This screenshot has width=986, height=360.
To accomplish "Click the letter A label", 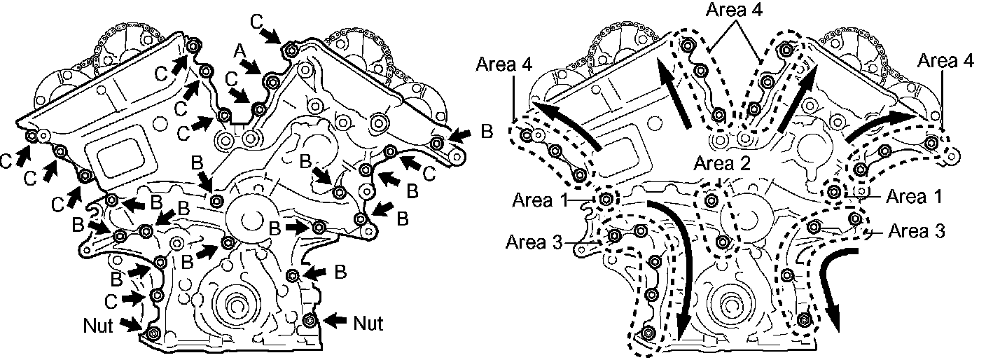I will pos(240,50).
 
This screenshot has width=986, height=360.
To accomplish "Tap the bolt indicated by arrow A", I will pos(270,82).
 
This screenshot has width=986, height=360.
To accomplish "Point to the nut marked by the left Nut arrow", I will pos(155,332).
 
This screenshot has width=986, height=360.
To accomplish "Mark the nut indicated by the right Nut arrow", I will pos(310,321).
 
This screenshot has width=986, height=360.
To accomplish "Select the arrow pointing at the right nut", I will pos(333,320).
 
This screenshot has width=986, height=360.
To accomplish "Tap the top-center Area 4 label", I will pos(735,11).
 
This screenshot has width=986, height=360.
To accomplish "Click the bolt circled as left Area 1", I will pos(606,200).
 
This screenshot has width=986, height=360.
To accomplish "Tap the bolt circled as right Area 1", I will pos(834,191).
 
